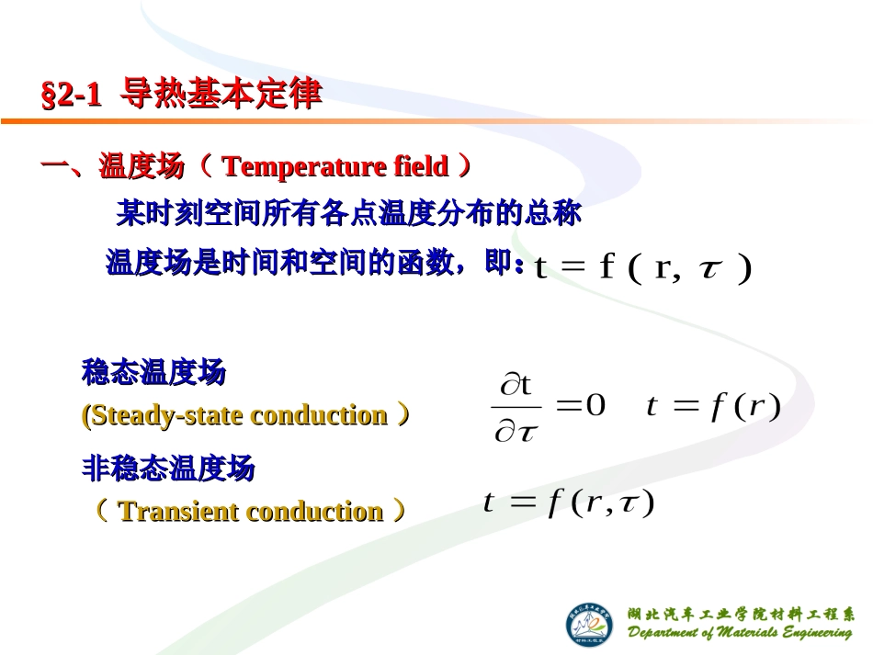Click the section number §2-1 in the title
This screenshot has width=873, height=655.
[71, 95]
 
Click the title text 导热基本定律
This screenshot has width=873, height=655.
[221, 94]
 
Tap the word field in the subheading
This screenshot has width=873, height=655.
[421, 167]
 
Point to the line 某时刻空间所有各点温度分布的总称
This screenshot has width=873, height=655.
[348, 215]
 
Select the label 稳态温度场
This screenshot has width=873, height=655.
[153, 373]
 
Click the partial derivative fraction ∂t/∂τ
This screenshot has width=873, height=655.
[516, 407]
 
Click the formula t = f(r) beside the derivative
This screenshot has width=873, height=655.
[712, 405]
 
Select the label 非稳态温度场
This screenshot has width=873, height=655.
[168, 469]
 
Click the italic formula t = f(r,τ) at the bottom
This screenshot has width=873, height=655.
[568, 503]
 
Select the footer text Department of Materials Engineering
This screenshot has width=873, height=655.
[740, 633]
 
